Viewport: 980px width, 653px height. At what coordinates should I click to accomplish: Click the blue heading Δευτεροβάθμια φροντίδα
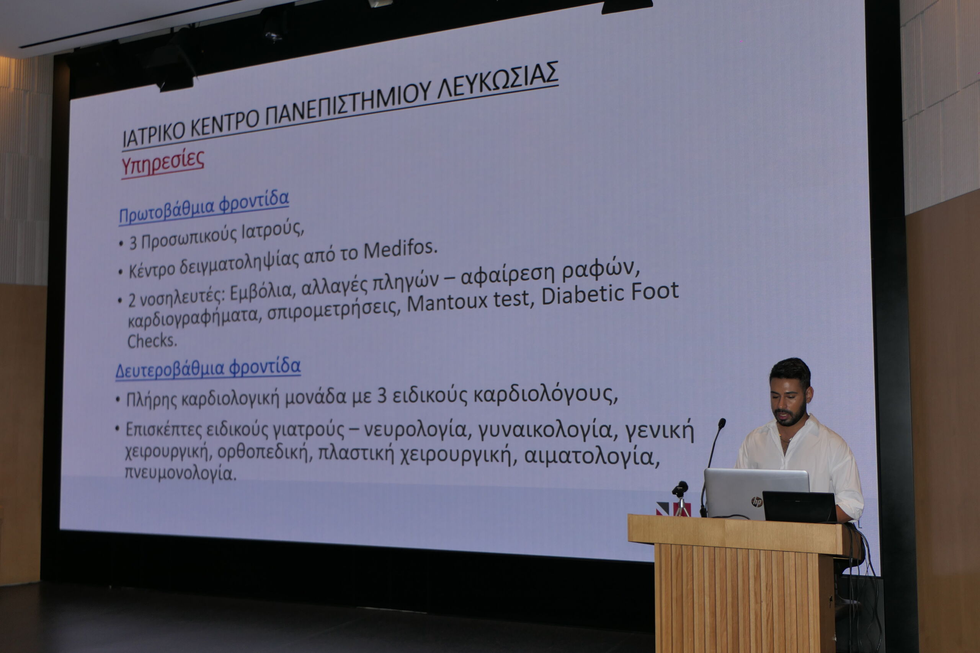pyautogui.click(x=208, y=368)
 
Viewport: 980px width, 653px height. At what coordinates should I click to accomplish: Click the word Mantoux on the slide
pyautogui.click(x=447, y=302)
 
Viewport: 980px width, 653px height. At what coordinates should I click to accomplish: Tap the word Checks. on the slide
pyautogui.click(x=152, y=341)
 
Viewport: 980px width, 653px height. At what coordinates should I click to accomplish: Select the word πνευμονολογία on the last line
pyautogui.click(x=180, y=473)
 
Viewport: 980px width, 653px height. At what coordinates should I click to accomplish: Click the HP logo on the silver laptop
pyautogui.click(x=757, y=502)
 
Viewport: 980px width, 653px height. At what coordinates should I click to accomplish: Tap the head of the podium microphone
pyautogui.click(x=722, y=423)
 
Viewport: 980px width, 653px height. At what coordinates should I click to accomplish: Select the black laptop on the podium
pyautogui.click(x=799, y=507)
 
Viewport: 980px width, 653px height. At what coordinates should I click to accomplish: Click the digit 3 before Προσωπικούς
pyautogui.click(x=133, y=243)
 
